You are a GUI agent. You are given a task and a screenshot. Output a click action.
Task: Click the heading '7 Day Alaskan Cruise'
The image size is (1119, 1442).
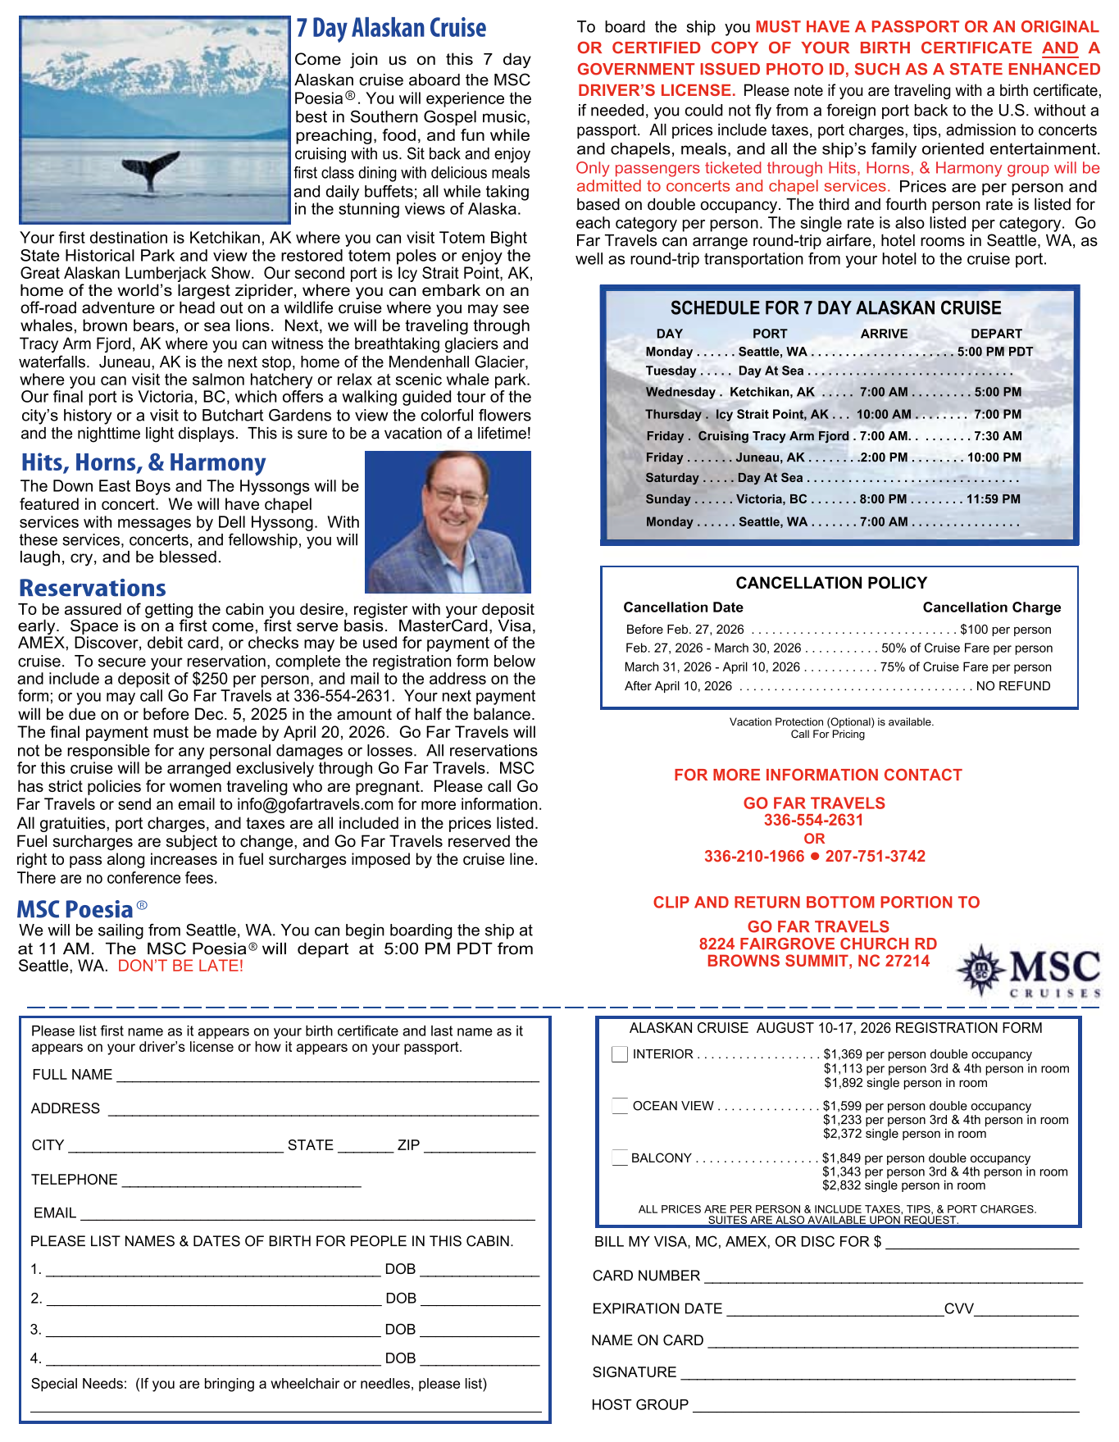(391, 29)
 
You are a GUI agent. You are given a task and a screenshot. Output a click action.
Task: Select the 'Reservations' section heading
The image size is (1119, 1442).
(93, 588)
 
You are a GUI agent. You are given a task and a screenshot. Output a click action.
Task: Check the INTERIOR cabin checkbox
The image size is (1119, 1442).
(620, 1054)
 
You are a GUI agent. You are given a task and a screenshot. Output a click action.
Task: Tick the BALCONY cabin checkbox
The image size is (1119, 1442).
(620, 1158)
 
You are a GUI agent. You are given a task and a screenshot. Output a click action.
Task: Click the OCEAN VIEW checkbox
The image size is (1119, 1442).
(620, 1106)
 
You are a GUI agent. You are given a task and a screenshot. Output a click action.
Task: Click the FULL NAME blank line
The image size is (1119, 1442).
(328, 1076)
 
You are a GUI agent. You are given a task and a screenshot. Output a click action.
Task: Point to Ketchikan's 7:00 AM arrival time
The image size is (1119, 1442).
(884, 392)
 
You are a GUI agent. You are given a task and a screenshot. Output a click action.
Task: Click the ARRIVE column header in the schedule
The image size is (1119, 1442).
(884, 334)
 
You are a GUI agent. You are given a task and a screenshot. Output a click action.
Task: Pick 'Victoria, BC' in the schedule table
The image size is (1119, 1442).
(771, 499)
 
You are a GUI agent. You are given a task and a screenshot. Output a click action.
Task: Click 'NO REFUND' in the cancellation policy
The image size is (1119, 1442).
(1013, 686)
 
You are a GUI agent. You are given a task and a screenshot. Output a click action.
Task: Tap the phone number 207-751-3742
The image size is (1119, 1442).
(875, 857)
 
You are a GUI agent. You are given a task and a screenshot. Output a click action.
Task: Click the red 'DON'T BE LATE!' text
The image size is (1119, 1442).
(180, 966)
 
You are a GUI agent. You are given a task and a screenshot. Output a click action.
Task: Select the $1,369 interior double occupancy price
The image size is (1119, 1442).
(842, 1054)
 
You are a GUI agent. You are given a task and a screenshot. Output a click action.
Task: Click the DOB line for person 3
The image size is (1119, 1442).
(480, 1330)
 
